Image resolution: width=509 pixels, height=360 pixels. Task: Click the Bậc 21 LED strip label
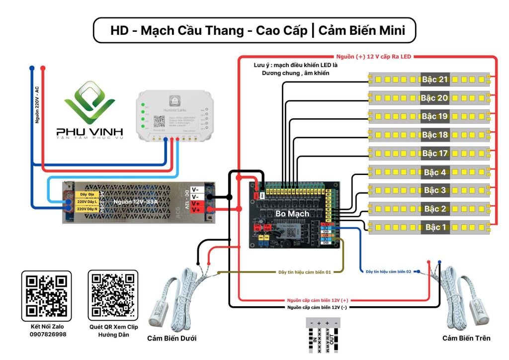pyautogui.click(x=435, y=80)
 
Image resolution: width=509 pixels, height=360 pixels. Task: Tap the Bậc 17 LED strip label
pyautogui.click(x=435, y=153)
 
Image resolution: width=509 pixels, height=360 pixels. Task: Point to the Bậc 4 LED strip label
pyautogui.click(x=435, y=173)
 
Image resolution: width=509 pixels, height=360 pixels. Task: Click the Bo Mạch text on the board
pyautogui.click(x=292, y=213)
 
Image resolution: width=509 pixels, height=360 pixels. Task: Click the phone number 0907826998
pyautogui.click(x=46, y=335)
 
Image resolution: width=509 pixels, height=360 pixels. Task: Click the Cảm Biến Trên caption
pyautogui.click(x=466, y=338)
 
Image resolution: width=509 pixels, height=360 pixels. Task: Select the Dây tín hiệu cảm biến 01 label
pyautogui.click(x=304, y=272)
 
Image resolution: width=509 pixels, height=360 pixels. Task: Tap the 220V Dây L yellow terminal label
pyautogui.click(x=85, y=202)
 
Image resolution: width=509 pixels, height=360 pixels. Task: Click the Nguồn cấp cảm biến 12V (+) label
pyautogui.click(x=317, y=300)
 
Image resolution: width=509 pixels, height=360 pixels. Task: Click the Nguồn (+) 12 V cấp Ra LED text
pyautogui.click(x=374, y=57)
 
